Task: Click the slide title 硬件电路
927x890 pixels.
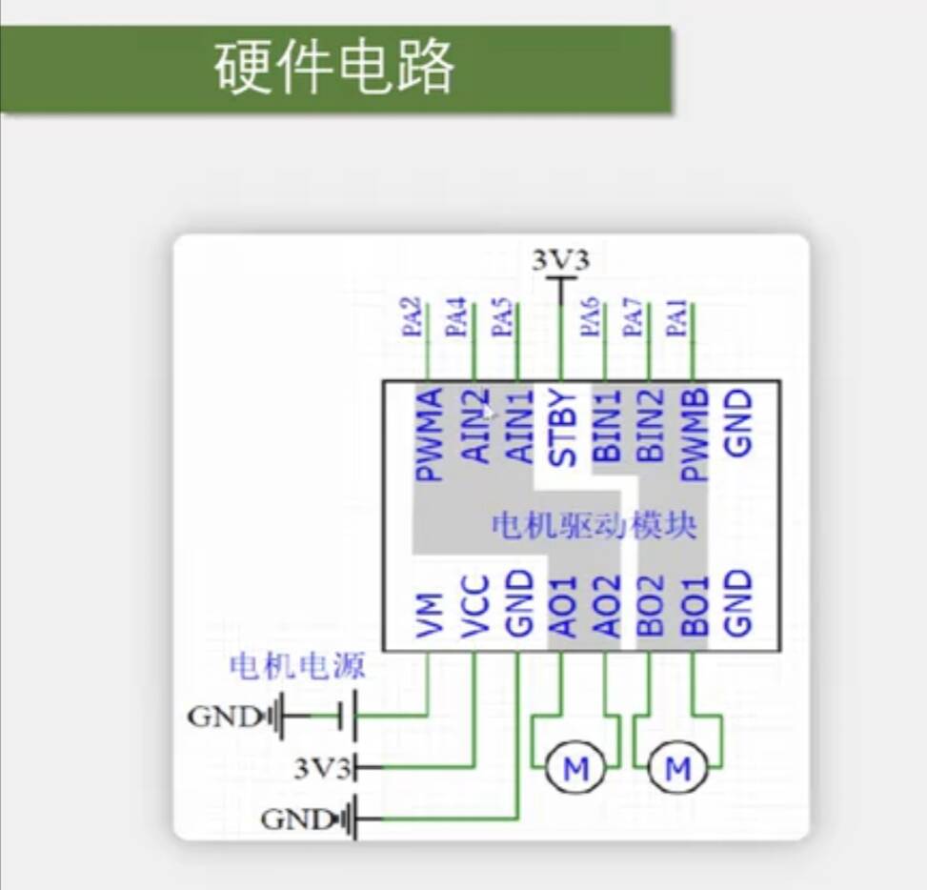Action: [x=334, y=69]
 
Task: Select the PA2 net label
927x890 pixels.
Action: [x=413, y=318]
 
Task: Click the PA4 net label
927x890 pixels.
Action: [x=457, y=318]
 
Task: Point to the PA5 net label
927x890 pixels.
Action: [x=501, y=318]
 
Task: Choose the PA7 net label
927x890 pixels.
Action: [x=633, y=318]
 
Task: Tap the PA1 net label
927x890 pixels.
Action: [x=677, y=318]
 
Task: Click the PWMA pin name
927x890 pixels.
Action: [x=430, y=435]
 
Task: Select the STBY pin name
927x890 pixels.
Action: [x=564, y=428]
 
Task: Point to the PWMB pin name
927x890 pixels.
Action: [x=695, y=435]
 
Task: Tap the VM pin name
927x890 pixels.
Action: [x=431, y=616]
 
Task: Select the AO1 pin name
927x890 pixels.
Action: [x=564, y=606]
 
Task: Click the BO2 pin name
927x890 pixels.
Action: [x=652, y=606]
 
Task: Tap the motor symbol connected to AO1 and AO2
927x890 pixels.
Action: [x=576, y=768]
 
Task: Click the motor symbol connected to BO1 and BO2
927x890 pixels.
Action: [x=677, y=768]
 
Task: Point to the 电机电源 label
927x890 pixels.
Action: [x=296, y=665]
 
